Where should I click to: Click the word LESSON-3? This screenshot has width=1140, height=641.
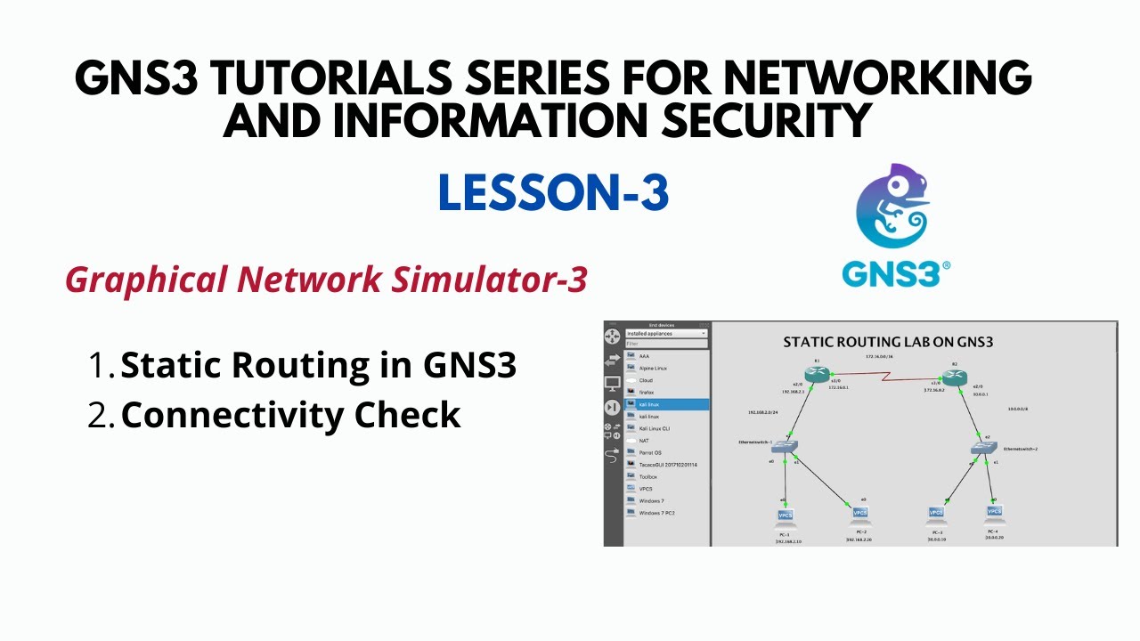553,193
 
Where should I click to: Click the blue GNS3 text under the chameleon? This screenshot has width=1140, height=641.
895,274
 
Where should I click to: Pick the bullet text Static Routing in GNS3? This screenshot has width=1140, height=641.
318,365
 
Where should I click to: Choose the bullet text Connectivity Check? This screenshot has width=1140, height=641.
290,415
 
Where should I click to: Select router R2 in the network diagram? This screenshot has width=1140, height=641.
954,377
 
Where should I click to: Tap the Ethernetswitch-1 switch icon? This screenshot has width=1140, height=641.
785,447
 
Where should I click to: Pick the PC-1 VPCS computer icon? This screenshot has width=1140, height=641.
785,515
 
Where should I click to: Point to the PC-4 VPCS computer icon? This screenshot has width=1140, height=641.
994,512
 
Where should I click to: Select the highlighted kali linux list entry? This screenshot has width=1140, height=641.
666,404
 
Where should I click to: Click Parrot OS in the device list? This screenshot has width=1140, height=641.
650,452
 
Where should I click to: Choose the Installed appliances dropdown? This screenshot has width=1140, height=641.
665,334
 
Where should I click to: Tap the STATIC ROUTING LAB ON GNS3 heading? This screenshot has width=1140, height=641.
888,342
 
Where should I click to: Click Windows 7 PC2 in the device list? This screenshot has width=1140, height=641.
656,513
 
